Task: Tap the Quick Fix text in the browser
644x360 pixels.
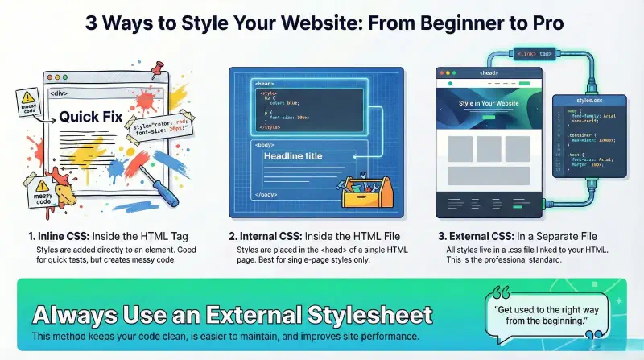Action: (x=90, y=117)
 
